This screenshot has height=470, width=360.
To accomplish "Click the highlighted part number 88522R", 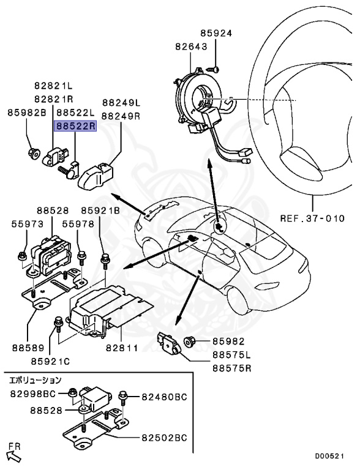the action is tap(75, 127).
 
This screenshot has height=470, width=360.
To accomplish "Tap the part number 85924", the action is tap(216, 33).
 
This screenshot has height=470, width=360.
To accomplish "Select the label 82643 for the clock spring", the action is tap(191, 47).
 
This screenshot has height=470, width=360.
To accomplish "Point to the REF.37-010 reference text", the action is tap(312, 218).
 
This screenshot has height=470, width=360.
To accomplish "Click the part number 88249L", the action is tap(121, 103).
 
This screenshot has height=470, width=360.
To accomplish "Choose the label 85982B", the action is tap(27, 113).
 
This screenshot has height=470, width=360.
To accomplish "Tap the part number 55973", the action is tap(28, 224).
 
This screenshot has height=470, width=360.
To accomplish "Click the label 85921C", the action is tap(50, 361).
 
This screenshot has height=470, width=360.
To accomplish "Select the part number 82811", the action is tap(121, 348).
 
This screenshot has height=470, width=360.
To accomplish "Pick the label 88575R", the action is tap(231, 368).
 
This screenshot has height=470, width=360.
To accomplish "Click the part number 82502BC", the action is tap(164, 438).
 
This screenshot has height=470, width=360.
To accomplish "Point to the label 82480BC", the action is tap(164, 397).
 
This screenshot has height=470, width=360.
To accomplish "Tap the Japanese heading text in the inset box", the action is tap(36, 381).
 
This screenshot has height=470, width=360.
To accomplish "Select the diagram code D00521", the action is tap(329, 456).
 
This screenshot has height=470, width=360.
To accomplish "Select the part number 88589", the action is tap(28, 348).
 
